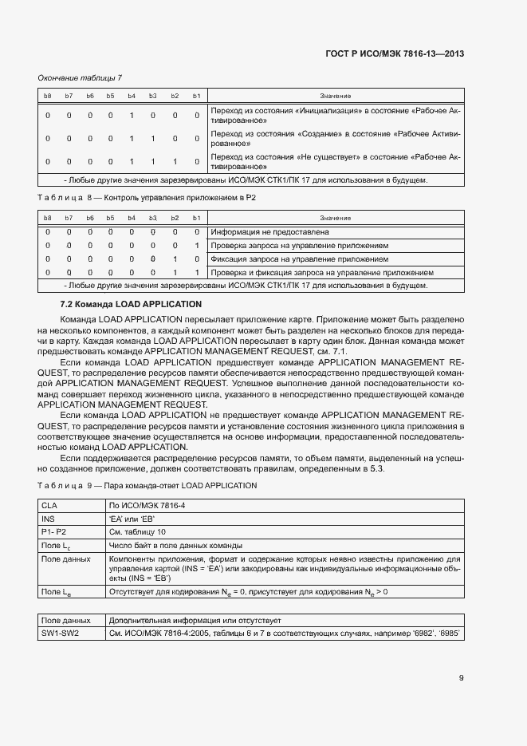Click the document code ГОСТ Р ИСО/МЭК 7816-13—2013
(x=395, y=55)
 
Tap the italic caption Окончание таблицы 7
(x=80, y=77)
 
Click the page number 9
(x=461, y=678)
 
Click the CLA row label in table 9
(x=49, y=505)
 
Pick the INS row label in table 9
(x=49, y=518)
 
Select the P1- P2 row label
(x=54, y=531)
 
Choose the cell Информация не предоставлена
(x=269, y=232)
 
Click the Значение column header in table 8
(x=335, y=218)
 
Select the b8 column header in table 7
(x=48, y=96)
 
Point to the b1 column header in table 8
(x=196, y=218)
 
